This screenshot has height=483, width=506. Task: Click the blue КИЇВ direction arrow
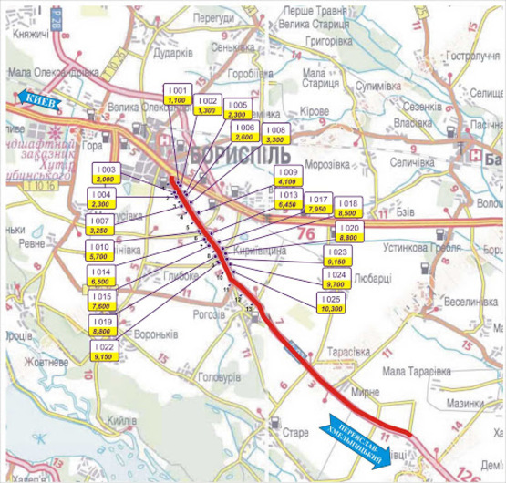coord(37,100)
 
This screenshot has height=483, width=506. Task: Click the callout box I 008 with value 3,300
coord(277,136)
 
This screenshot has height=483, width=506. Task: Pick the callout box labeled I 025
coord(333,304)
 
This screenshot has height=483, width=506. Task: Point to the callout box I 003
coord(107,174)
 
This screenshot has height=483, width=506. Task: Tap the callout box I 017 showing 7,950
coord(318,204)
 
